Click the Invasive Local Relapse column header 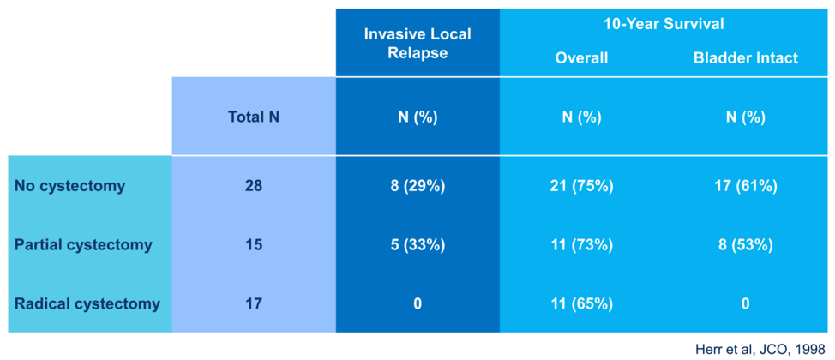pyautogui.click(x=417, y=45)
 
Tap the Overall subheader pyautogui.click(x=581, y=57)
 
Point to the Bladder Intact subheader pyautogui.click(x=746, y=57)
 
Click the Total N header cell pyautogui.click(x=254, y=117)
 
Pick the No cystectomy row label pyautogui.click(x=70, y=186)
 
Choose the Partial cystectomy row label pyautogui.click(x=84, y=245)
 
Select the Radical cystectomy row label pyautogui.click(x=87, y=304)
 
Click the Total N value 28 pyautogui.click(x=254, y=186)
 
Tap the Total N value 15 pyautogui.click(x=254, y=245)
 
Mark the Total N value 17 pyautogui.click(x=254, y=304)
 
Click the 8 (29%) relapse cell pyautogui.click(x=417, y=186)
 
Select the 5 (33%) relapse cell pyautogui.click(x=417, y=245)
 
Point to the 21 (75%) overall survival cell pyautogui.click(x=581, y=186)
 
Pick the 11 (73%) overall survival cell pyautogui.click(x=581, y=245)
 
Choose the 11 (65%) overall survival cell pyautogui.click(x=581, y=304)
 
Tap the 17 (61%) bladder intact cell pyautogui.click(x=746, y=186)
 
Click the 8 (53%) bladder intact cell pyautogui.click(x=746, y=245)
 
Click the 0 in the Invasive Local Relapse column pyautogui.click(x=417, y=304)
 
